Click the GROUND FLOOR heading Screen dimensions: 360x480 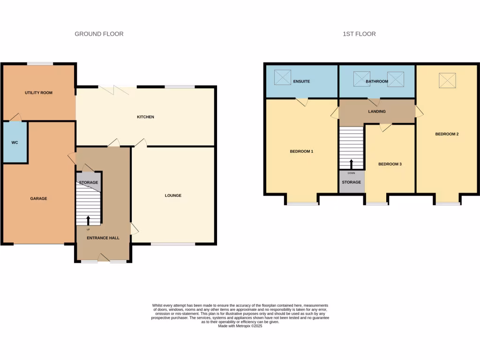[x=99, y=34]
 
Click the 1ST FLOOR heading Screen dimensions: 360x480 [x=359, y=34]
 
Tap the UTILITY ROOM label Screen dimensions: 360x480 [x=38, y=93]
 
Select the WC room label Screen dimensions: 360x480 [x=15, y=142]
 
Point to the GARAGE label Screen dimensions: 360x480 [x=38, y=199]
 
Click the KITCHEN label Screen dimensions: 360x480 [x=145, y=117]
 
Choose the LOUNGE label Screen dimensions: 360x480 [x=172, y=195]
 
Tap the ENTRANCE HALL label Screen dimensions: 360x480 [x=103, y=238]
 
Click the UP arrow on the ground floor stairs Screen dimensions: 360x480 [x=88, y=220]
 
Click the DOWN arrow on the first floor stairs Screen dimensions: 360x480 [x=351, y=164]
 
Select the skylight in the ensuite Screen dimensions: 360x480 [x=282, y=77]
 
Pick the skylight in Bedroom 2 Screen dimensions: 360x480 [x=447, y=80]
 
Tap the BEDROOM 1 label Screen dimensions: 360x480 [x=301, y=151]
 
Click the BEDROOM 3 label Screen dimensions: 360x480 [x=390, y=164]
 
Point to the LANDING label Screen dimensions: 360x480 [x=377, y=112]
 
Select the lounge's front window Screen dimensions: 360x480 [x=173, y=244]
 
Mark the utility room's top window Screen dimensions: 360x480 [x=40, y=64]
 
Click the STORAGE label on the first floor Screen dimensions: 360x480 [x=352, y=182]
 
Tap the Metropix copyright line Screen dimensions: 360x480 [x=240, y=326]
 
